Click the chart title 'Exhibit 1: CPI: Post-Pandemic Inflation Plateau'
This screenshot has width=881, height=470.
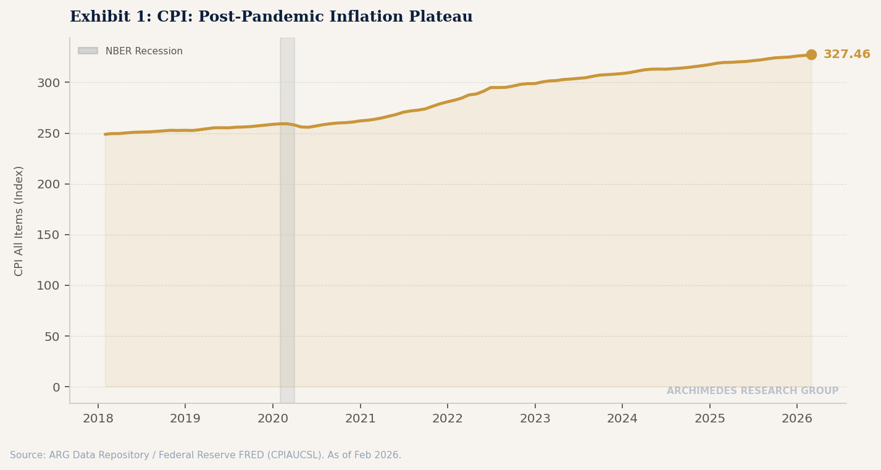(x=271, y=17)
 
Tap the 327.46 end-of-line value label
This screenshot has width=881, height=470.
(x=846, y=54)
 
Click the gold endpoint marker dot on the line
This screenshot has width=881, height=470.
(x=811, y=54)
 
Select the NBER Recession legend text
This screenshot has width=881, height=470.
(x=144, y=51)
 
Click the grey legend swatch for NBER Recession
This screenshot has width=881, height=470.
(x=88, y=51)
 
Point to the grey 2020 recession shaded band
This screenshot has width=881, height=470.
(x=287, y=247)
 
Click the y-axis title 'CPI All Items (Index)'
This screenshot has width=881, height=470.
(x=19, y=220)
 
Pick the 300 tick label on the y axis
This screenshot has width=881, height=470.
(x=48, y=83)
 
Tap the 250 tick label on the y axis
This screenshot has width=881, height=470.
(x=48, y=133)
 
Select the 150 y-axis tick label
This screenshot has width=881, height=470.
(x=48, y=235)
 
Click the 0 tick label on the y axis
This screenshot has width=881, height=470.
(x=56, y=387)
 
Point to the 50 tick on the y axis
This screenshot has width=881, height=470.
(x=52, y=337)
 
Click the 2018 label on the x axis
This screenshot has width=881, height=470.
(x=98, y=419)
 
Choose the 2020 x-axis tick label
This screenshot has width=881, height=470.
(x=273, y=419)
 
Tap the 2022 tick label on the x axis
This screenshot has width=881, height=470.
(x=448, y=419)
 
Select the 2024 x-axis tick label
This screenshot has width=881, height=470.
(x=622, y=419)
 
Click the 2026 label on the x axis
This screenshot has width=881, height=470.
(x=797, y=419)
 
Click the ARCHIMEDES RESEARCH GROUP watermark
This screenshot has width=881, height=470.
(x=752, y=391)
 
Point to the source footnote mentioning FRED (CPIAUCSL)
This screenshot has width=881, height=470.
(x=206, y=455)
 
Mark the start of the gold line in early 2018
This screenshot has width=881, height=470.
(x=106, y=134)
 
